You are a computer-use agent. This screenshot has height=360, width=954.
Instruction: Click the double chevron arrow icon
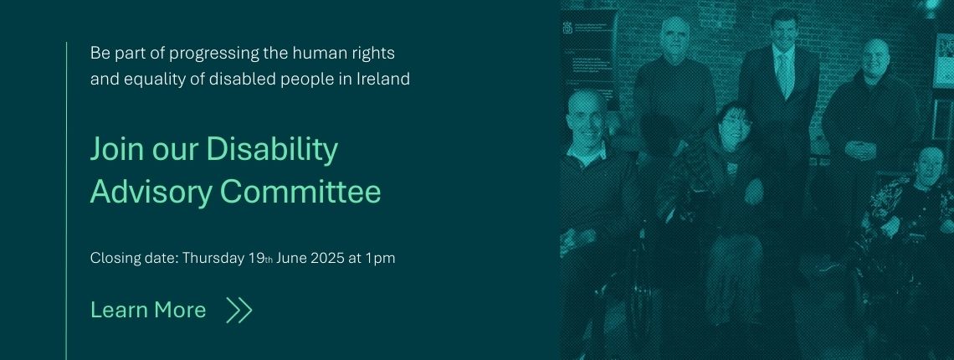point(238,310)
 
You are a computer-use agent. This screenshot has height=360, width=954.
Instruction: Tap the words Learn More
point(148,310)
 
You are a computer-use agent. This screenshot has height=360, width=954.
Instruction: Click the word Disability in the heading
point(272,150)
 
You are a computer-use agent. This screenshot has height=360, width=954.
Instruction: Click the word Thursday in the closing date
point(213,258)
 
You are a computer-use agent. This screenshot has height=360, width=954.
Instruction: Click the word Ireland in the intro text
point(382,80)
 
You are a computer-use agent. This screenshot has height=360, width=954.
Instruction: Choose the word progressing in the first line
point(213,54)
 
